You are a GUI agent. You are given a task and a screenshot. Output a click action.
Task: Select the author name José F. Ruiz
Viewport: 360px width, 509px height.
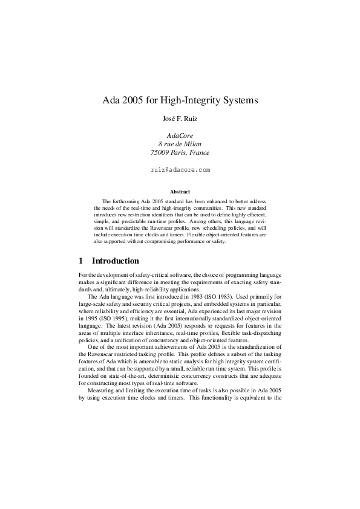point(180,119)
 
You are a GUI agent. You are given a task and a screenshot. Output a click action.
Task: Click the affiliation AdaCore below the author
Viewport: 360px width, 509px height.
point(180,135)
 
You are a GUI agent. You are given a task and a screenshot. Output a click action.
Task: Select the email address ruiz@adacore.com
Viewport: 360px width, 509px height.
point(180,170)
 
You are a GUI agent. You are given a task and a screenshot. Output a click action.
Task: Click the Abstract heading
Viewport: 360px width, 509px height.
point(180,192)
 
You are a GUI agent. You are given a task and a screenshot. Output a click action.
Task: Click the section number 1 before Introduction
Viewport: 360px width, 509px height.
point(81,261)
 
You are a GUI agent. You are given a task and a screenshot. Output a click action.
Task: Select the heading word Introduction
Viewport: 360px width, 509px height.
point(115,261)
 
